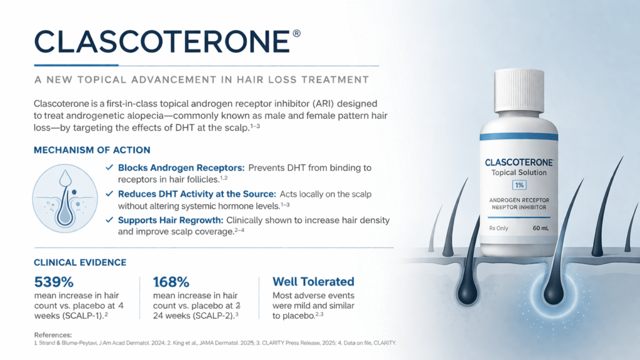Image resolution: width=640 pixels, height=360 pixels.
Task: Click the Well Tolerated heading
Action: [314, 282]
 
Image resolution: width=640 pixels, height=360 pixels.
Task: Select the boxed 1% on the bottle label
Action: [519, 185]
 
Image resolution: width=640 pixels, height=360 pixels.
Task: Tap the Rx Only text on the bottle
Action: [498, 228]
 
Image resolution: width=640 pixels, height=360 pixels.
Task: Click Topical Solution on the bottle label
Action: [519, 172]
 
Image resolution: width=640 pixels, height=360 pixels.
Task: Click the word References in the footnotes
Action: [53, 335]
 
